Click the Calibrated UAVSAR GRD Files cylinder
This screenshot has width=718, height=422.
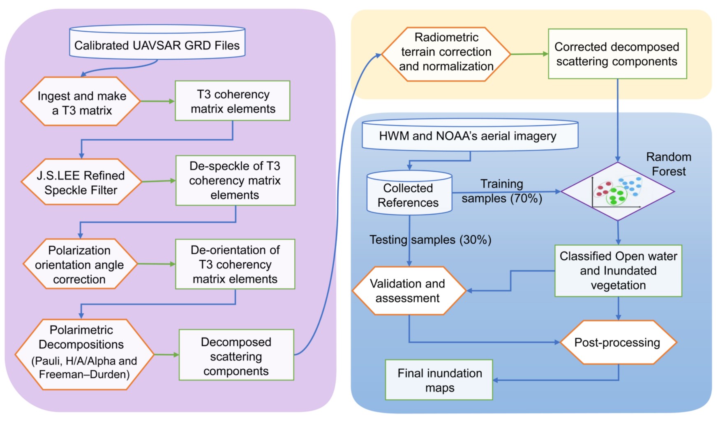point(157,42)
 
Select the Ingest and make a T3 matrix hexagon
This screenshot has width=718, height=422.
point(81,102)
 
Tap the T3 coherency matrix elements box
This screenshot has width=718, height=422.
point(233,101)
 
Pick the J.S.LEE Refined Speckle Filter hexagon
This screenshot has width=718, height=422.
point(81,182)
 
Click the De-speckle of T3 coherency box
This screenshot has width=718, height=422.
point(235,180)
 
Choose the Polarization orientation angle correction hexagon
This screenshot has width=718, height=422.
point(80,264)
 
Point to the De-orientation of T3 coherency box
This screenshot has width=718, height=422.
point(235,264)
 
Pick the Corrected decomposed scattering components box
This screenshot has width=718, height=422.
point(617,54)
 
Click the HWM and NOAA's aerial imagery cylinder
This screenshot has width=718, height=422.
point(470,135)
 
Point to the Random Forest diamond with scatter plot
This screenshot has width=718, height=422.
point(617,191)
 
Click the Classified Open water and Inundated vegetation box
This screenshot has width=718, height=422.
point(618,271)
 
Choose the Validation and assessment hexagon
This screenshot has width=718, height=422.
point(408,291)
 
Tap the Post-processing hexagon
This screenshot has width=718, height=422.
point(618,342)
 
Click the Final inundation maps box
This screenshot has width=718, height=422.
point(439,380)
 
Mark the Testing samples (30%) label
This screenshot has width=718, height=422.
point(430,240)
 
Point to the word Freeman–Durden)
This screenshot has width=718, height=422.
point(85,374)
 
